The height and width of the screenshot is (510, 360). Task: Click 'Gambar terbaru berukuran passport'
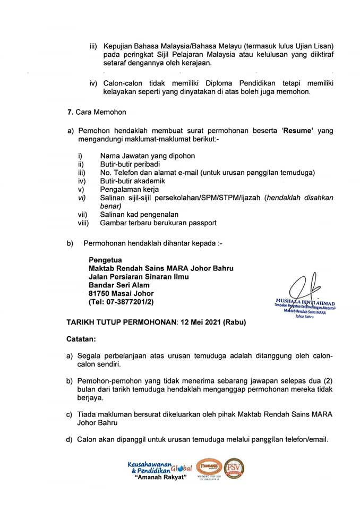click(158, 223)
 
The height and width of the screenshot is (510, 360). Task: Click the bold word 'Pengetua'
click(105, 260)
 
